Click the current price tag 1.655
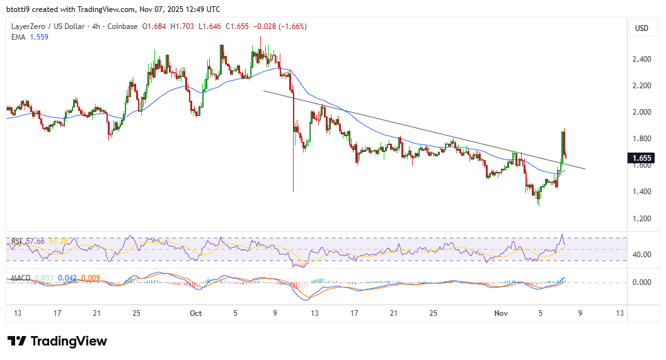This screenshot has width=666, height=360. [642, 158]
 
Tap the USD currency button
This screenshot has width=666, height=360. [641, 28]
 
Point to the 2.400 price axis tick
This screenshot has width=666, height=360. [641, 59]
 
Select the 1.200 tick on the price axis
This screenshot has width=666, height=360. [641, 218]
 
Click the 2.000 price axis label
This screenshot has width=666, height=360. [641, 112]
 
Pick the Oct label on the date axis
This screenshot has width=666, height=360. [195, 313]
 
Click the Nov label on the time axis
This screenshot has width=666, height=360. [500, 313]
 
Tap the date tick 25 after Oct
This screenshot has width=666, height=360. [433, 313]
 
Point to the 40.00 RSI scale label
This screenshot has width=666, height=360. [641, 255]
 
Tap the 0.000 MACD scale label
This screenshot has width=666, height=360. [641, 282]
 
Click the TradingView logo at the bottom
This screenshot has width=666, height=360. [57, 341]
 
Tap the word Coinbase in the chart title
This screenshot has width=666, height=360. [122, 26]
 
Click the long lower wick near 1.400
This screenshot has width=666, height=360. [294, 177]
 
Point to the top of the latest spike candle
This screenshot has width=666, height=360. [563, 130]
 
